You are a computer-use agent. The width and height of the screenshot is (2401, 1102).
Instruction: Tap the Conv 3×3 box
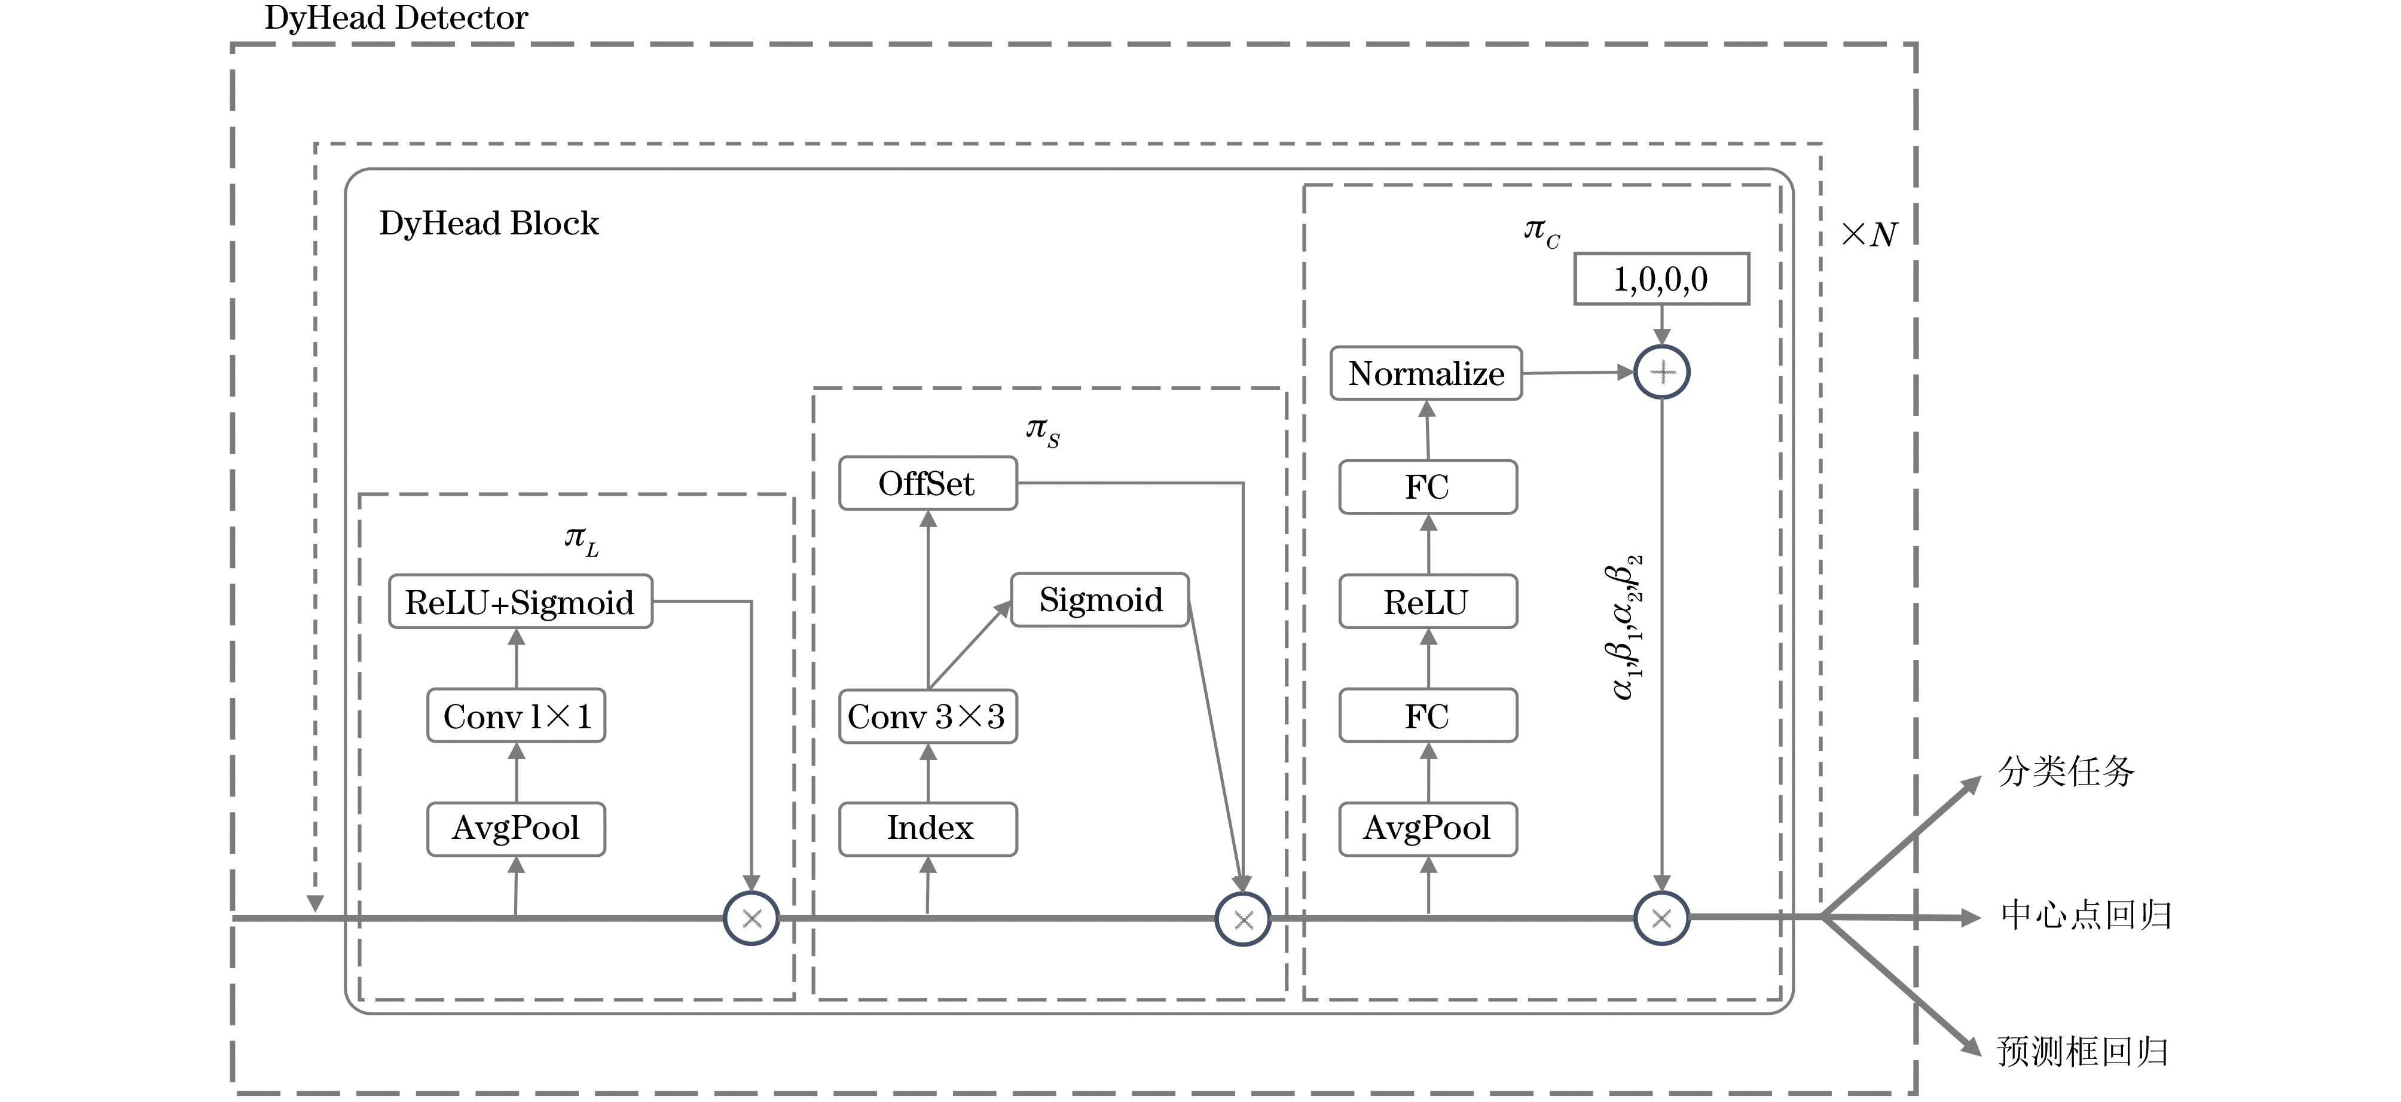(927, 716)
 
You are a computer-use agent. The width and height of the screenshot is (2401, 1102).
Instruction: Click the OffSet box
(927, 483)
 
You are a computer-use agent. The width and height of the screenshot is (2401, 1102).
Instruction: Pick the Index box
(927, 828)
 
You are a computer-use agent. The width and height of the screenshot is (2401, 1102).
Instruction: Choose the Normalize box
(1426, 373)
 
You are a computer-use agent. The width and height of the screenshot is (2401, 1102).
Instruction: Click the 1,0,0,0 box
(1661, 279)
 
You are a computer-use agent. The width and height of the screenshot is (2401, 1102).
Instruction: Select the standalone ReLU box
(1427, 602)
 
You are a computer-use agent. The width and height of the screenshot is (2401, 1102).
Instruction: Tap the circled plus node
(1662, 372)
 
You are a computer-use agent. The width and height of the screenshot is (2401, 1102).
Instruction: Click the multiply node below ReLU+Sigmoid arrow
(752, 918)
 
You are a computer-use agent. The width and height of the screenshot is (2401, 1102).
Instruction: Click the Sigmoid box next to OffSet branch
(1100, 600)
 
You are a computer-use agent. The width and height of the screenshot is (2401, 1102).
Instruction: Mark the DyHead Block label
(488, 224)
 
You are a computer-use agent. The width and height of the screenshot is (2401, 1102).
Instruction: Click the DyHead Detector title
(396, 18)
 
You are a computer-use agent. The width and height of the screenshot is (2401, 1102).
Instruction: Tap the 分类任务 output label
(2066, 771)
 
